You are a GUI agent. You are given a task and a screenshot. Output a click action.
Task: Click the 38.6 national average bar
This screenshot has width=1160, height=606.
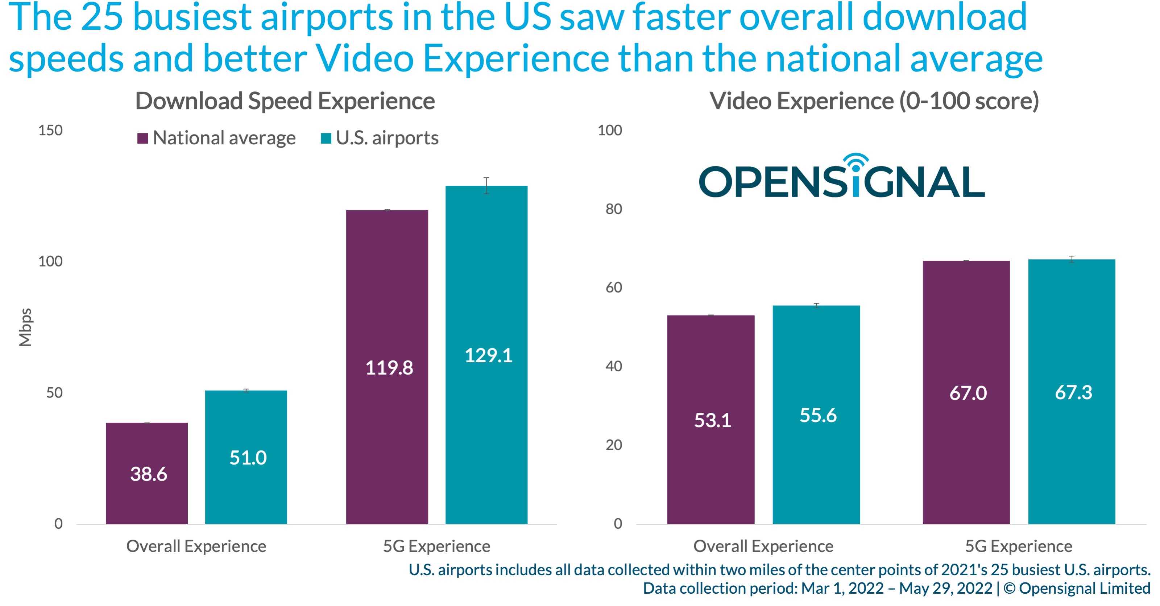tap(147, 473)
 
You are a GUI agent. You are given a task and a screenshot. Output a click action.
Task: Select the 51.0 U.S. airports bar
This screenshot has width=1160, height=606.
tap(246, 457)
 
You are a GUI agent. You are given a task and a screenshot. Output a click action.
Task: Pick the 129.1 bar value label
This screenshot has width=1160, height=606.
tap(488, 355)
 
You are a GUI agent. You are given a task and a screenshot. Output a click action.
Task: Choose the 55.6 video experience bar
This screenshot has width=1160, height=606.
tap(816, 415)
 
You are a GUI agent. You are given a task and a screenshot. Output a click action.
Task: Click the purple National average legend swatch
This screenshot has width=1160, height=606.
tap(143, 138)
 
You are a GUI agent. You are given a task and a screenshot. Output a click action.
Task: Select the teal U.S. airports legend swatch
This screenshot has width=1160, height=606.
tap(326, 138)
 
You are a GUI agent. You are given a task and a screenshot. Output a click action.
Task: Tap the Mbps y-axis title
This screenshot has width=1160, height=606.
tap(26, 327)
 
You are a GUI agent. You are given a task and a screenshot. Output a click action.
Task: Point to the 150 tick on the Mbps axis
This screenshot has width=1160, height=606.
tap(50, 131)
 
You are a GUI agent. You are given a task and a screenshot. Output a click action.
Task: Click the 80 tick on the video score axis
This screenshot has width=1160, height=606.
tap(613, 209)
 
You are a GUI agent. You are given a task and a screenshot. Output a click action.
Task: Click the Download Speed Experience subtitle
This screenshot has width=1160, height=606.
tap(285, 101)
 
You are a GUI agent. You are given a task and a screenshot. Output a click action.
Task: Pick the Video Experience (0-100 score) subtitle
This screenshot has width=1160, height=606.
tap(874, 101)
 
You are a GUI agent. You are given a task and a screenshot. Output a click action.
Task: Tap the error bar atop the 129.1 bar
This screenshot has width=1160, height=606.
tap(486, 186)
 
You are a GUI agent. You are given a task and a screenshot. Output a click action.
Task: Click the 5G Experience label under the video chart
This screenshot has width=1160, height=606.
tap(1018, 546)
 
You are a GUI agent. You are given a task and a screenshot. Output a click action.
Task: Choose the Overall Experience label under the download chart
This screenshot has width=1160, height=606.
tap(196, 546)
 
